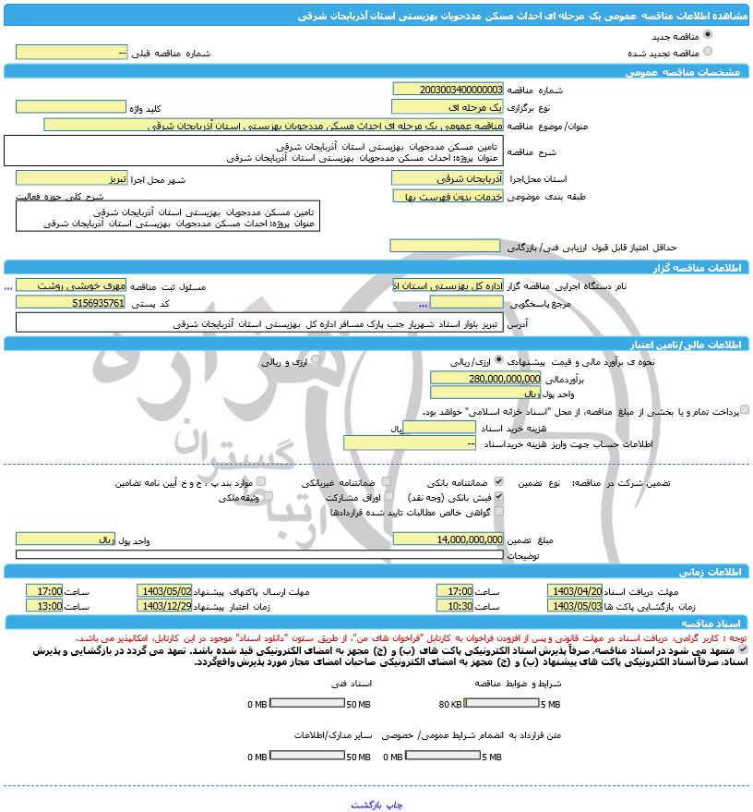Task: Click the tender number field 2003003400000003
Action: [448, 90]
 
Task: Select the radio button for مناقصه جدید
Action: [708, 35]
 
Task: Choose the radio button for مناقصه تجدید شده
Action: [708, 52]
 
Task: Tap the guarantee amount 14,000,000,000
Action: [448, 539]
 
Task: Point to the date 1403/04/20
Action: [575, 590]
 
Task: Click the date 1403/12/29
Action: [164, 606]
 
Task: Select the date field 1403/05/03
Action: [575, 606]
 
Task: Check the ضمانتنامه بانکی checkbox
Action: [499, 482]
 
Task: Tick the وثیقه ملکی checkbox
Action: [268, 497]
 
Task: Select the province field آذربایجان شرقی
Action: [448, 177]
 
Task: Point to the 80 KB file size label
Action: [450, 704]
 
